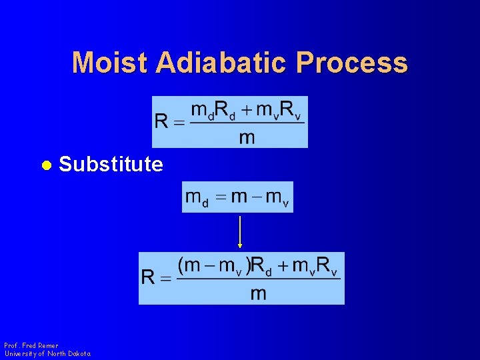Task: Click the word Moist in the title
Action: click(110, 63)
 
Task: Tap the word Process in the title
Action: click(352, 63)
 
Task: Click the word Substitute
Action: click(111, 164)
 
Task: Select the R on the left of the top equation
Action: click(162, 121)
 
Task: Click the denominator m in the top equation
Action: click(247, 137)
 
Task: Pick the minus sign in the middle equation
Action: click(256, 197)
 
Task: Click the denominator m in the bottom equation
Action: click(259, 293)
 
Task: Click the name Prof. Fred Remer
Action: click(31, 345)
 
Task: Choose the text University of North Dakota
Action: click(47, 353)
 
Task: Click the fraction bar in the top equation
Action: click(247, 122)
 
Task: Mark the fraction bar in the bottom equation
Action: click(259, 279)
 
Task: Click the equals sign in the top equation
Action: click(179, 122)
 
